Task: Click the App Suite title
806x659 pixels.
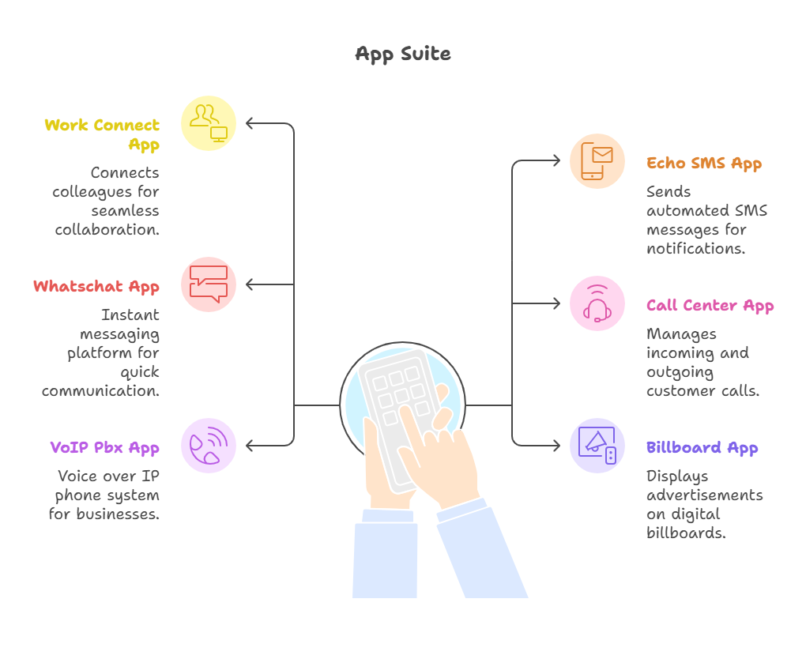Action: click(403, 55)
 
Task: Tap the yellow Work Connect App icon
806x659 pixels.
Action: click(209, 122)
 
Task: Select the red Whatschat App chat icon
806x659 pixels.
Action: click(209, 284)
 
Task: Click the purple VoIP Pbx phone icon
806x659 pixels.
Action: click(209, 446)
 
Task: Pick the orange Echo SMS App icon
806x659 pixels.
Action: click(597, 161)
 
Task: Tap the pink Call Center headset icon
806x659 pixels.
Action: click(597, 303)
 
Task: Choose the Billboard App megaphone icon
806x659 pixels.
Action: click(597, 446)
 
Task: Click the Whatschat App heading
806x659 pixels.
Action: click(96, 287)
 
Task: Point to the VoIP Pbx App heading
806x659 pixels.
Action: click(104, 448)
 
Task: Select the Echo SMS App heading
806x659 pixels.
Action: click(704, 164)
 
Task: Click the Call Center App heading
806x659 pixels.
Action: click(710, 306)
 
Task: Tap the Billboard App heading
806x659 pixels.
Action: click(702, 448)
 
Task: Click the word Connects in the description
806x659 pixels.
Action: click(125, 173)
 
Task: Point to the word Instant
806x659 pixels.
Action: click(130, 315)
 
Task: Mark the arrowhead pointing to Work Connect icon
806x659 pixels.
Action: click(250, 123)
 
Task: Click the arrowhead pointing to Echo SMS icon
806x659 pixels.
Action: click(556, 161)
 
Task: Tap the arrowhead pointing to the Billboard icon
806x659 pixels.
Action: click(556, 446)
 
